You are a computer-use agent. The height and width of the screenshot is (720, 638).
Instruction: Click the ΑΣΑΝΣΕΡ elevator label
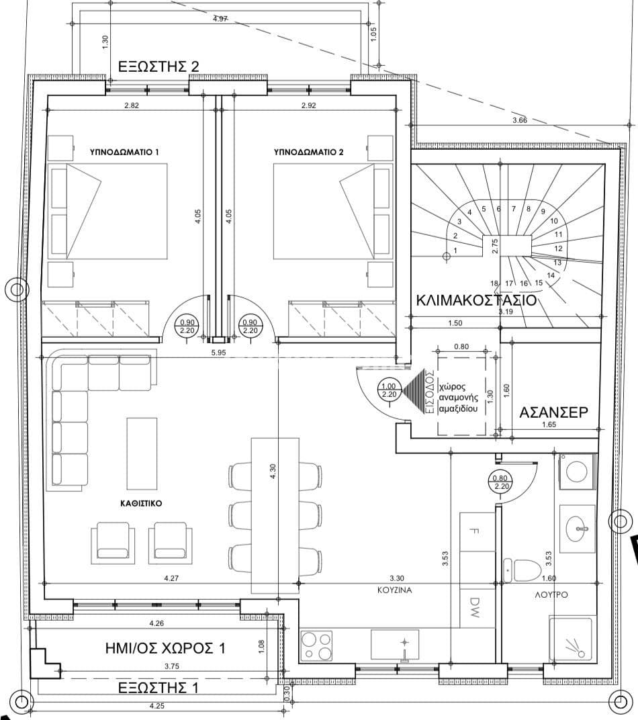553,412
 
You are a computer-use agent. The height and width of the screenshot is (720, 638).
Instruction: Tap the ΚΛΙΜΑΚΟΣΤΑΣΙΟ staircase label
476,300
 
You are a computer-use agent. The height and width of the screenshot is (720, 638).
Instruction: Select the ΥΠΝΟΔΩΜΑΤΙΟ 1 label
124,152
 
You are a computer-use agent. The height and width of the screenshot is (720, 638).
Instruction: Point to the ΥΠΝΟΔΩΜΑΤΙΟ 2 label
308,152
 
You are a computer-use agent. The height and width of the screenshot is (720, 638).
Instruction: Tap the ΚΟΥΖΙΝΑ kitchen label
395,590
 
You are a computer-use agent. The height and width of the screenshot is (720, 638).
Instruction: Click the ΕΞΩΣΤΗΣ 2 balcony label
158,66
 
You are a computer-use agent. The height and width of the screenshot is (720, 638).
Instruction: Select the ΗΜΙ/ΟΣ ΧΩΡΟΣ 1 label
165,648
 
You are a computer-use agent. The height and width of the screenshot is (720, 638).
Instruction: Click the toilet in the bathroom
523,570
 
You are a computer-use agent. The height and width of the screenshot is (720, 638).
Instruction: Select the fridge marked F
477,532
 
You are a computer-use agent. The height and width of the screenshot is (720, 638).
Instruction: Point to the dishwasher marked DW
477,608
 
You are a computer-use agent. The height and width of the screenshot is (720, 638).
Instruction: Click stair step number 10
554,221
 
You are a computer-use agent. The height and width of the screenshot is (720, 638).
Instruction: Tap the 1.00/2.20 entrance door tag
389,390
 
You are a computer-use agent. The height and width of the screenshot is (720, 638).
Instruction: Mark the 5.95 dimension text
218,353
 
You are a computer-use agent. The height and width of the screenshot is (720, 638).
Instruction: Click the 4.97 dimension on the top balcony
221,19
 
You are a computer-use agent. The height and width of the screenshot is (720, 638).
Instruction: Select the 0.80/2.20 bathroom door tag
500,482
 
